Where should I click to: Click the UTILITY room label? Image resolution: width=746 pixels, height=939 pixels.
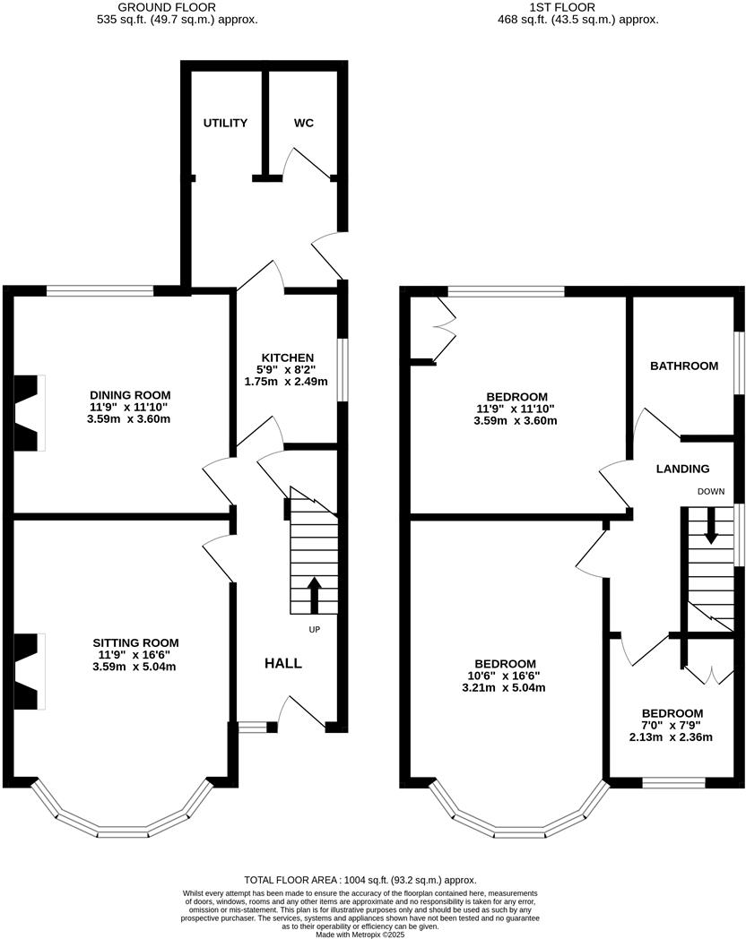tap(224, 123)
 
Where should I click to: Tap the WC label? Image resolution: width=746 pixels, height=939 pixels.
tap(304, 123)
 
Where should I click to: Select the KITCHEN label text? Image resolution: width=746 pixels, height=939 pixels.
tap(288, 358)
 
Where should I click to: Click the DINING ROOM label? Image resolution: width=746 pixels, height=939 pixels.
tap(130, 394)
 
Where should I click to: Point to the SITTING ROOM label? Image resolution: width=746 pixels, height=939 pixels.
tap(135, 642)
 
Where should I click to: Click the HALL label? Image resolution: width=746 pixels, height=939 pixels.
tap(282, 664)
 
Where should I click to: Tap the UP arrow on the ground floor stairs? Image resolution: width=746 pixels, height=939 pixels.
tap(314, 594)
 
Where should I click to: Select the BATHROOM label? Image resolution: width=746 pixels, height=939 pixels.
tap(684, 366)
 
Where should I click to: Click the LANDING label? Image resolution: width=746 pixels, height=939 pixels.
tap(682, 469)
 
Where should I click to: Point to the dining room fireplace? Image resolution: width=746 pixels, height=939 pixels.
tap(27, 412)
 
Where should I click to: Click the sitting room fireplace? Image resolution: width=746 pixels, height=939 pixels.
tap(27, 672)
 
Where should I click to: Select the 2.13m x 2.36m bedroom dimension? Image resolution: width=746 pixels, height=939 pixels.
tap(671, 737)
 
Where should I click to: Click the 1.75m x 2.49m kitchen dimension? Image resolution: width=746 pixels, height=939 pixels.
tap(287, 382)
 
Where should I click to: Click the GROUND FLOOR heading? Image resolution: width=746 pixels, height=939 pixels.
tap(177, 6)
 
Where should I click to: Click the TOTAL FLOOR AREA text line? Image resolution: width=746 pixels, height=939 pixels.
tap(360, 881)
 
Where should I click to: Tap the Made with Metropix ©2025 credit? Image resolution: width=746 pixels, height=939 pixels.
tap(360, 934)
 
